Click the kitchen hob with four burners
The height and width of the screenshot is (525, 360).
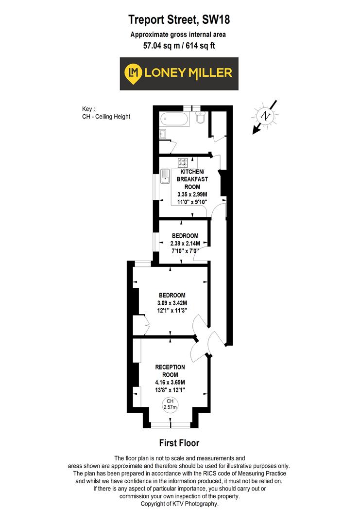click(183, 163)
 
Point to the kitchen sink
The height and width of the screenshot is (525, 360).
click(166, 176)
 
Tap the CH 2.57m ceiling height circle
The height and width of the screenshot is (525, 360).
click(171, 403)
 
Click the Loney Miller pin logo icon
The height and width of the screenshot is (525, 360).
click(133, 73)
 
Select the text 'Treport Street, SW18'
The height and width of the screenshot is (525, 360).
click(179, 20)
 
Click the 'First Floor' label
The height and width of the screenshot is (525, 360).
click(179, 443)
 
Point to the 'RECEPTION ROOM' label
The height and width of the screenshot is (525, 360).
click(170, 371)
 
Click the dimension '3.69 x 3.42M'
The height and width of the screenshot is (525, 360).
click(172, 303)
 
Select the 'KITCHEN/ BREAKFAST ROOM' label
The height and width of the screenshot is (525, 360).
click(194, 179)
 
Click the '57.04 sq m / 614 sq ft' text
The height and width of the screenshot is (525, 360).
click(179, 47)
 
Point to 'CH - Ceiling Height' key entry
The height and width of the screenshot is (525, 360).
click(106, 117)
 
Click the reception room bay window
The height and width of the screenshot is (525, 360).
click(170, 425)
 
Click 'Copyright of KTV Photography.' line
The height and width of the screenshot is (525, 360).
click(179, 504)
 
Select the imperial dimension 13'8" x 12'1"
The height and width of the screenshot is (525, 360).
click(170, 390)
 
